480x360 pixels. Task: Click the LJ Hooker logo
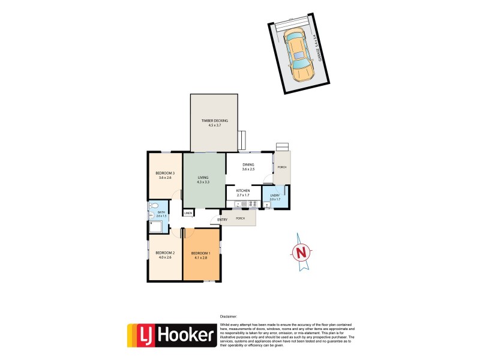(171, 336)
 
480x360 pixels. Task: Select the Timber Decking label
(214, 121)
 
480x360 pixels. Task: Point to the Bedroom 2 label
(164, 253)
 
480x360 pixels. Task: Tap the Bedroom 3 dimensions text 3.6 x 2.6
(165, 178)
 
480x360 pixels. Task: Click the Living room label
(204, 178)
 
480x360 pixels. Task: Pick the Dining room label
(248, 164)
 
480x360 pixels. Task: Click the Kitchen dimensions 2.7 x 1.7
(243, 195)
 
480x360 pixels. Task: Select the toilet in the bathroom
(153, 205)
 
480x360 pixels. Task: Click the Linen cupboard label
(188, 213)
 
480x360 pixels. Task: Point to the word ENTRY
(223, 220)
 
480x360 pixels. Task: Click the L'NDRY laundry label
(275, 195)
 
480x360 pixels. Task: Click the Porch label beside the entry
(240, 218)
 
